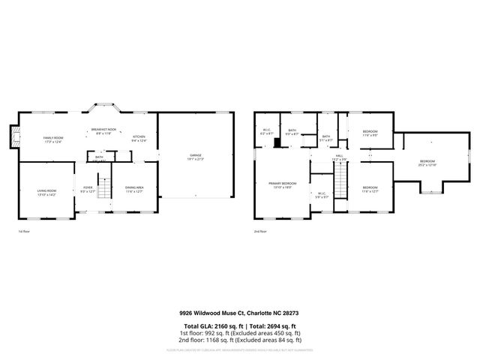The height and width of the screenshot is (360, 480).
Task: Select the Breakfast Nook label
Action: click(103, 130)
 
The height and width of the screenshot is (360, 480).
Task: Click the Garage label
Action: click(195, 156)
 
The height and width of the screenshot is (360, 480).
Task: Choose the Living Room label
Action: click(46, 192)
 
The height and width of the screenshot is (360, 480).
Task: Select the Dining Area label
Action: click(133, 190)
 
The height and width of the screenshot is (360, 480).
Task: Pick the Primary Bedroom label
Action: click(284, 184)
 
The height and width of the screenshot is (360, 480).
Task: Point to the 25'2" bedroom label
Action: click(427, 162)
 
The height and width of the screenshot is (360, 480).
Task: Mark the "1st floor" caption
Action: click(25, 232)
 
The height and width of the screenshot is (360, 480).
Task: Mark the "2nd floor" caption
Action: click(260, 232)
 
